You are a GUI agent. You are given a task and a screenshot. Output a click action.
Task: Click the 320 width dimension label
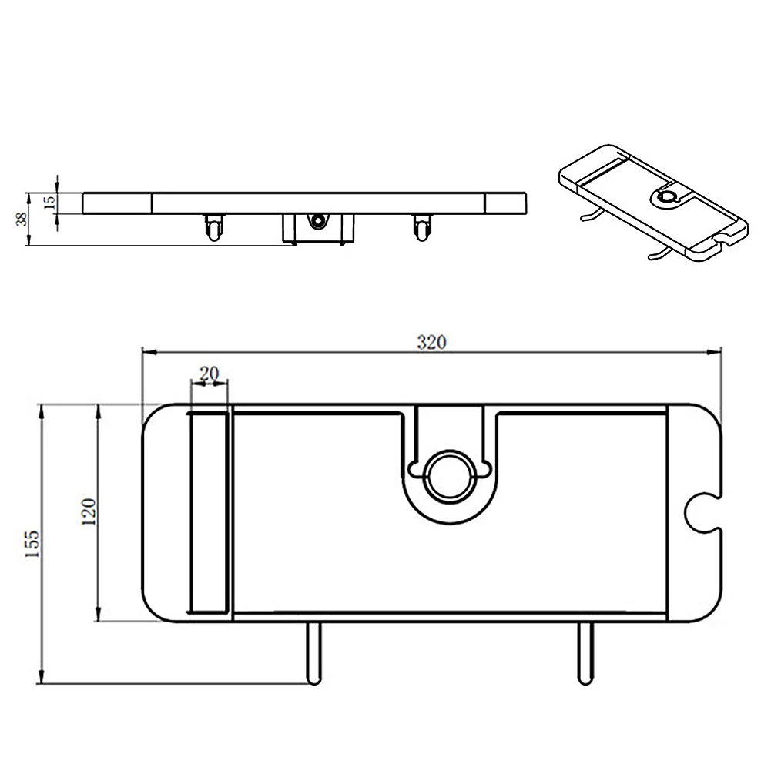tap(432, 342)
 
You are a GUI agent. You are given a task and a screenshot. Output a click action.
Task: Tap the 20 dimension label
tap(209, 374)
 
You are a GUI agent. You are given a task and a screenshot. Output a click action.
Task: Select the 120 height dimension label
tap(89, 512)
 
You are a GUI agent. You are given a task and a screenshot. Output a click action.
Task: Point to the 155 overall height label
tap(32, 543)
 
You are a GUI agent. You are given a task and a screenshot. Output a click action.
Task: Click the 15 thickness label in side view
tap(50, 203)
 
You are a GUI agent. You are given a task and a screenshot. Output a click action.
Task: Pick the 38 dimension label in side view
tap(22, 220)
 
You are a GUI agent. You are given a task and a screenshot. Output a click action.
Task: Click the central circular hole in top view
tap(449, 477)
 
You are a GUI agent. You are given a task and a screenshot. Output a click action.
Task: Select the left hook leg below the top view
tap(313, 653)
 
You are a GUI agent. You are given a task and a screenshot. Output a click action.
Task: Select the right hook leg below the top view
tap(585, 653)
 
